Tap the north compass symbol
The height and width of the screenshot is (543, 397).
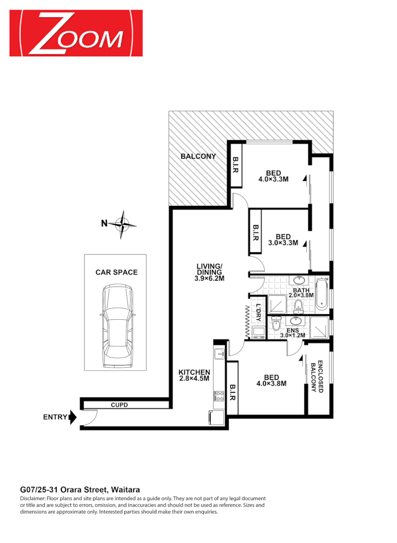(x=122, y=224)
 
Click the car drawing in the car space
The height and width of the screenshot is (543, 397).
(x=116, y=326)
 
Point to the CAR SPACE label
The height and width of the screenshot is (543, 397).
(x=116, y=273)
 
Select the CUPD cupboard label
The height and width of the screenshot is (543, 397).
(x=119, y=405)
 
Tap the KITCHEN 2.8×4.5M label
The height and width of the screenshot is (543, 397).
(x=194, y=376)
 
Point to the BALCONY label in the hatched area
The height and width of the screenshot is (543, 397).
(x=198, y=156)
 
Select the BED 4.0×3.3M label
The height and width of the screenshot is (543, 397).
(x=273, y=176)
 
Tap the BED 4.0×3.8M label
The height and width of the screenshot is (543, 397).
(x=272, y=380)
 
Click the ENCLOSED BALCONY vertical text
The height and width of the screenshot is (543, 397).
(x=316, y=378)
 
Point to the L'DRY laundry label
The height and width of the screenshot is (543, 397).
(x=259, y=312)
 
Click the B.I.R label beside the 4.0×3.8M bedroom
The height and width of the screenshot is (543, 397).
(x=232, y=391)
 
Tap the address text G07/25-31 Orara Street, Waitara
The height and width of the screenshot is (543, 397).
(x=80, y=489)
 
